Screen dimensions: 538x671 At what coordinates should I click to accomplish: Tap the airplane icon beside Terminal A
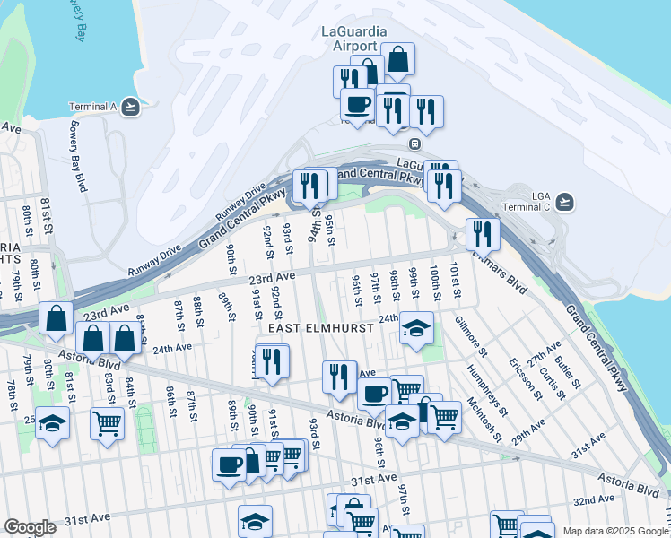[x=132, y=107]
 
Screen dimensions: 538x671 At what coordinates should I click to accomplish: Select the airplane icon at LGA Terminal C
[x=564, y=201]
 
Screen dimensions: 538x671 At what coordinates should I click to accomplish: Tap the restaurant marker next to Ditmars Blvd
[x=483, y=235]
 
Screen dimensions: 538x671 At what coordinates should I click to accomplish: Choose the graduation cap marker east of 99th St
[x=417, y=329]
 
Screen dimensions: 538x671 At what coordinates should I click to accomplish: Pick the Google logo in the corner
[x=30, y=527]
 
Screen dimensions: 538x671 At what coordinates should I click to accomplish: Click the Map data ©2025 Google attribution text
[x=615, y=531]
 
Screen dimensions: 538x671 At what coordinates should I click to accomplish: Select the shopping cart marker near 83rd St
[x=107, y=421]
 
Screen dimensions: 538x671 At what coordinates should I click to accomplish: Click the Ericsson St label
[x=519, y=377]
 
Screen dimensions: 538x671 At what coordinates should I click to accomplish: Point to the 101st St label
[x=456, y=278]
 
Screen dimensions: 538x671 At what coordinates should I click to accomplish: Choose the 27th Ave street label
[x=545, y=348]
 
